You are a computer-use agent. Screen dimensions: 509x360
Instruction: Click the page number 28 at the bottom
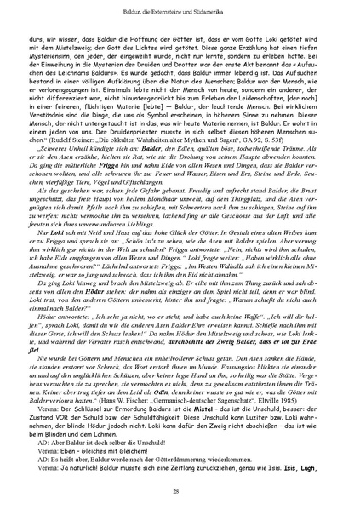point(180,491)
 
